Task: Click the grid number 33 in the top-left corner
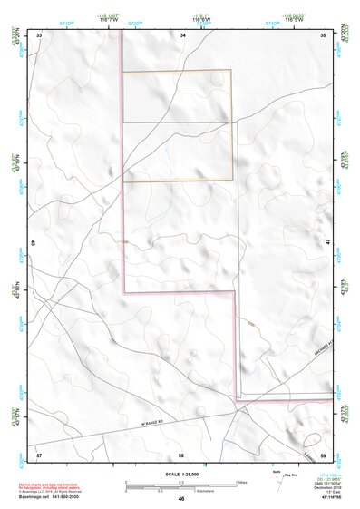point(39,34)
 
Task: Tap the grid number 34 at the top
point(182,34)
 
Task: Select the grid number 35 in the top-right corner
point(323,34)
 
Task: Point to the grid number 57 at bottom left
point(39,452)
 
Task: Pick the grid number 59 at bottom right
point(323,452)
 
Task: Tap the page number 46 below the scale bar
point(181,498)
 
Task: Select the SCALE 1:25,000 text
point(180,474)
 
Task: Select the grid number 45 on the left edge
point(34,243)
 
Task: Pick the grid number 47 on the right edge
point(327,243)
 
